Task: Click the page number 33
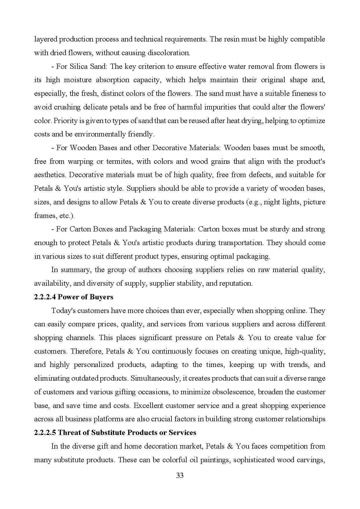pos(180,475)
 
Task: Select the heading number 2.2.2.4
pos(45,297)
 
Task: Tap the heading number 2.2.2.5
pos(45,432)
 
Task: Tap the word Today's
pos(64,310)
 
